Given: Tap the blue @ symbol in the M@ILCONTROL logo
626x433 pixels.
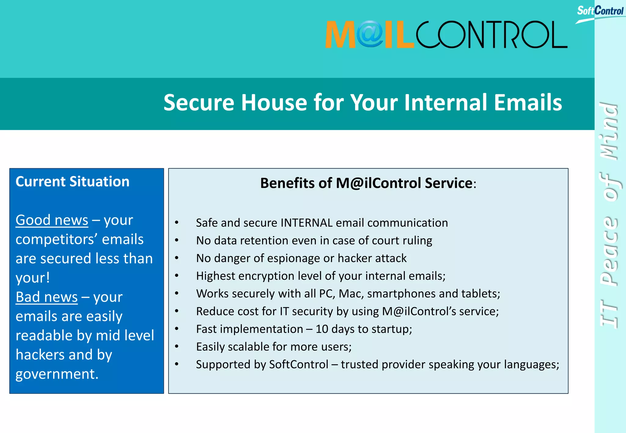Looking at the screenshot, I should [370, 34].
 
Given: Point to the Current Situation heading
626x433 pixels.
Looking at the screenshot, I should [72, 182].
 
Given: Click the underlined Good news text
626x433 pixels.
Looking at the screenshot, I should [52, 220].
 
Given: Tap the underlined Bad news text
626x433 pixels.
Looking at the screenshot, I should [46, 297].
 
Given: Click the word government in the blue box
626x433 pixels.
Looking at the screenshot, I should [57, 374].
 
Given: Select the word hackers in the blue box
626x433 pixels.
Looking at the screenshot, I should [40, 355].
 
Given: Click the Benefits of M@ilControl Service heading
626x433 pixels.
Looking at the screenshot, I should [368, 183].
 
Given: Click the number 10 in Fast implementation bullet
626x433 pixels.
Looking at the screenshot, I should [322, 329].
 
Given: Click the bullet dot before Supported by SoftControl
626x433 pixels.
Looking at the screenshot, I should [177, 364].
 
